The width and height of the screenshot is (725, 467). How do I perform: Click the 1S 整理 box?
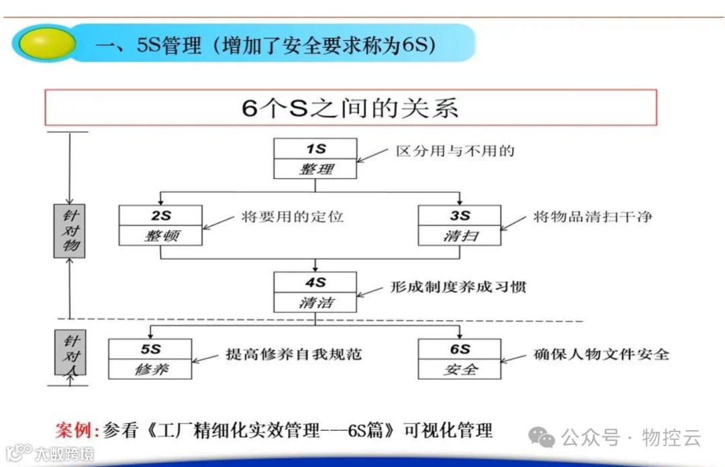point(315,158)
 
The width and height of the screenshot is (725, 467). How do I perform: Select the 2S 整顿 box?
point(160,225)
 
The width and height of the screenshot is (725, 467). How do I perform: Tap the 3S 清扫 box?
point(459,225)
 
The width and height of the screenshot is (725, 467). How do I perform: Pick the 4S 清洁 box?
point(315,292)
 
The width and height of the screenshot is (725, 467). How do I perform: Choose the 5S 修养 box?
point(150,359)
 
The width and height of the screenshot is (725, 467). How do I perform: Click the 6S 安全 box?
point(459,359)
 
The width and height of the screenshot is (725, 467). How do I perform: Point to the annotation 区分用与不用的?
point(455,151)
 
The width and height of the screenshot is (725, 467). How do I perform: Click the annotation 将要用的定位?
point(293,217)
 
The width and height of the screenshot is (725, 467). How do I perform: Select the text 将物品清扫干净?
point(593,217)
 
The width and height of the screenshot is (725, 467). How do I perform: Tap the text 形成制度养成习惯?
point(458,287)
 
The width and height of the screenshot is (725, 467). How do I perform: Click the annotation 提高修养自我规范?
point(294,354)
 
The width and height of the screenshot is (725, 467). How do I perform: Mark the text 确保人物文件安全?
point(601,354)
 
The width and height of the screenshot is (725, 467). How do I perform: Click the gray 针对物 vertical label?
point(69,231)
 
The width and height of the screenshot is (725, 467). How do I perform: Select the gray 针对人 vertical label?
point(70,352)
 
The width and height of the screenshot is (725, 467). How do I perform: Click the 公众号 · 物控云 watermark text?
point(630,439)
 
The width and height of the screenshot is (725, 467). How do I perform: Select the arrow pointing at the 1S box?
point(373,155)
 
